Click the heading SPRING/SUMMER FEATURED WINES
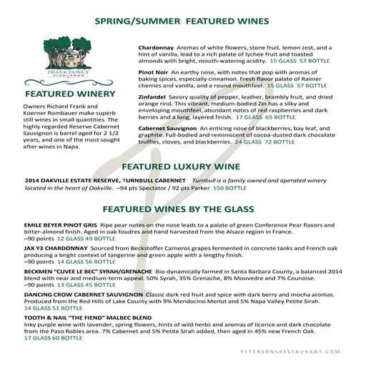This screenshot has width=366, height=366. pyautogui.click(x=182, y=21)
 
